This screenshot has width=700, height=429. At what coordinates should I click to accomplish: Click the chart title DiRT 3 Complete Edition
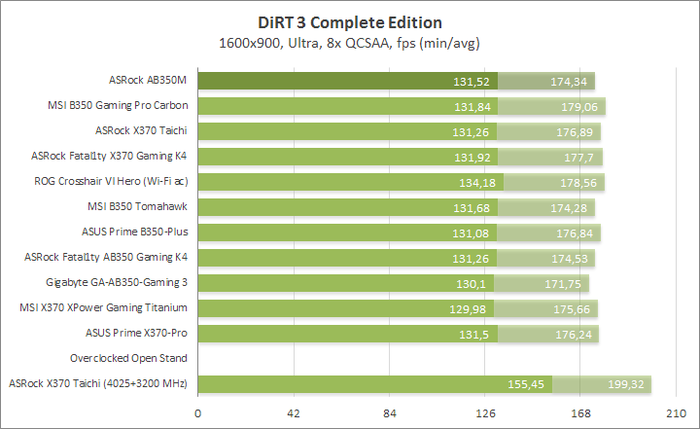pos(350,22)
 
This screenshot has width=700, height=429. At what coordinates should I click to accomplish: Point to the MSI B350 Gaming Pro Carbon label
pos(118,105)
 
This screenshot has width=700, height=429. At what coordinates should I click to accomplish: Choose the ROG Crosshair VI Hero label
pos(110,181)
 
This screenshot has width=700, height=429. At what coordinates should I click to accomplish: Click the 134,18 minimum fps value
pos(476,182)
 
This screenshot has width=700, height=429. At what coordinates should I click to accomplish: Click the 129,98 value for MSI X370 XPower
pos(472,308)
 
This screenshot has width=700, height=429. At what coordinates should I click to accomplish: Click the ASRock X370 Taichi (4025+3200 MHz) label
pos(97,383)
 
